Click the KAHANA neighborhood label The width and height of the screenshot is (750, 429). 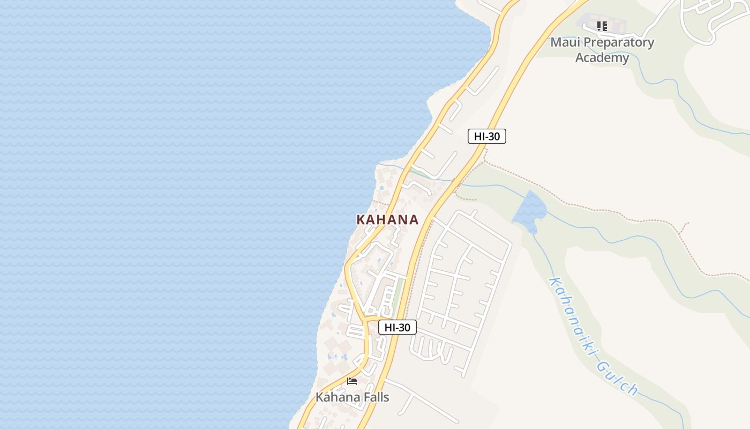387,219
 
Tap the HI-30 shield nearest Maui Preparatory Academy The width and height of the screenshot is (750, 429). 486,136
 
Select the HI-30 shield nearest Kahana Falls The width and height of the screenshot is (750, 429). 397,327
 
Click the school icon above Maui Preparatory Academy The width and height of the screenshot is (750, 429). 602,26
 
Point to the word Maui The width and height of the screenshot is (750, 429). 565,42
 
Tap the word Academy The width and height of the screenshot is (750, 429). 602,57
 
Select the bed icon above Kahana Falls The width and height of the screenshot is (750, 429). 352,381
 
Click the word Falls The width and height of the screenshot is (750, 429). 375,397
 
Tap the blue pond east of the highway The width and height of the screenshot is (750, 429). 529,211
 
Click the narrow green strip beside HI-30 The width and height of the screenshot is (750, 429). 397,292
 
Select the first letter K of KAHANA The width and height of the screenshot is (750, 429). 361,219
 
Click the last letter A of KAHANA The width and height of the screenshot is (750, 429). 414,219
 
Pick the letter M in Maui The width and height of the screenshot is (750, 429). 557,42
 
